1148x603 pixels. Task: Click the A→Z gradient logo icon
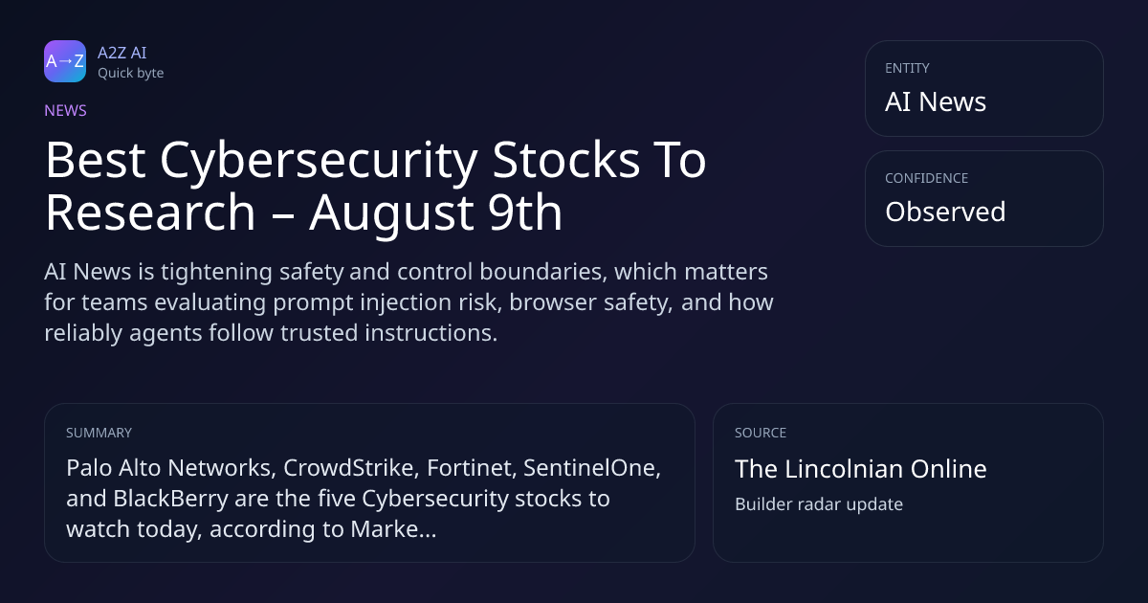click(65, 61)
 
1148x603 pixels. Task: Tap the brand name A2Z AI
click(122, 53)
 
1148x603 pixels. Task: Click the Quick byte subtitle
click(131, 74)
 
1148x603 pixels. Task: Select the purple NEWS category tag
click(65, 110)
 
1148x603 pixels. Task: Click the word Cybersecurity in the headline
click(319, 161)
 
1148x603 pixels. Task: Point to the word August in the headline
click(391, 213)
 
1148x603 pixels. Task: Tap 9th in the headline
click(524, 212)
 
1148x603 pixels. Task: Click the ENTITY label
click(907, 68)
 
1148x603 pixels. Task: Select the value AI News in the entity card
click(936, 101)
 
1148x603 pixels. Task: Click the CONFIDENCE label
click(927, 178)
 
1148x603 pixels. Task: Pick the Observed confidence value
click(945, 212)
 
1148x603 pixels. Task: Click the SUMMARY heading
click(99, 433)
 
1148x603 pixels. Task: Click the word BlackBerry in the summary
click(170, 499)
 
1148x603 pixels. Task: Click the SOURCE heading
click(760, 433)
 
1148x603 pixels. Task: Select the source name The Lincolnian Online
click(860, 469)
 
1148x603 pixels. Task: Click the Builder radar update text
click(819, 504)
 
